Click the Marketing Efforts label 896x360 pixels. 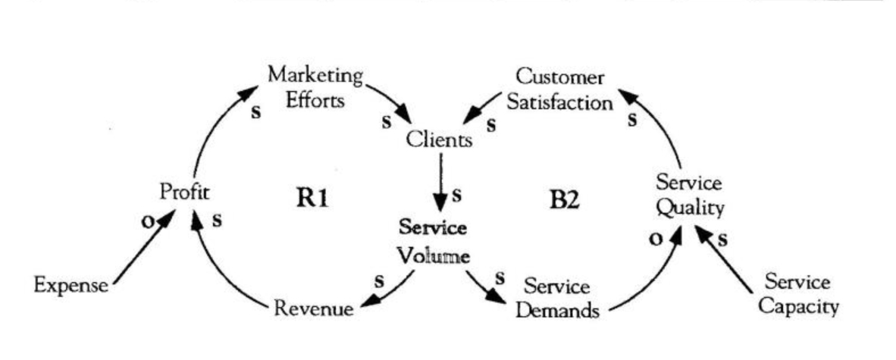tap(315, 88)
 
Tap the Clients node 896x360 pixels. tap(439, 139)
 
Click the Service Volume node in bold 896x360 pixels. tap(434, 242)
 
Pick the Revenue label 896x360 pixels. tap(313, 308)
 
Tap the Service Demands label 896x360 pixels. tap(557, 298)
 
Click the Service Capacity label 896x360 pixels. tap(797, 295)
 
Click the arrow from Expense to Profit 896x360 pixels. tap(144, 249)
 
